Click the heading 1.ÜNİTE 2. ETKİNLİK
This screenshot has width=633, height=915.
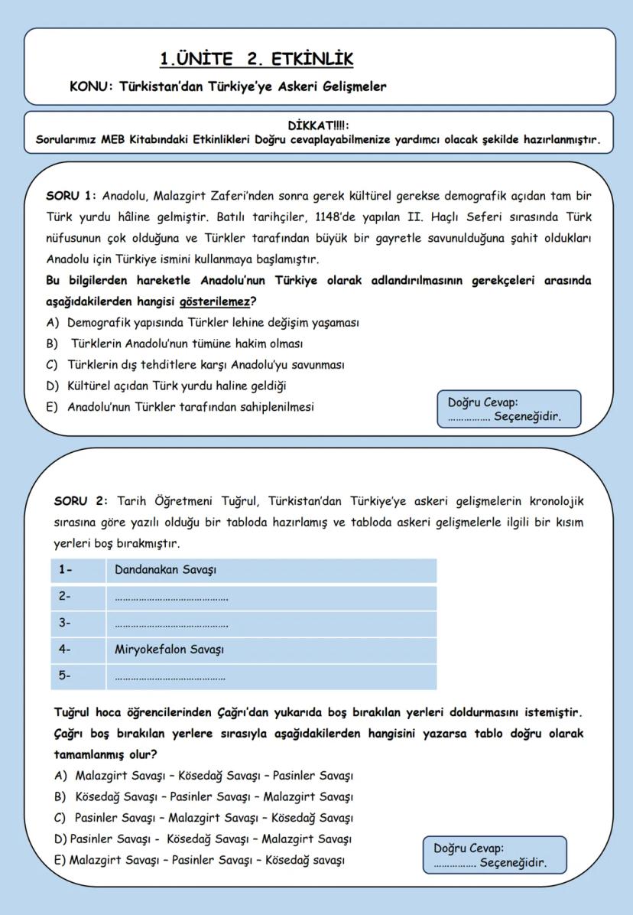click(x=256, y=59)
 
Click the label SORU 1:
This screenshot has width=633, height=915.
click(x=71, y=196)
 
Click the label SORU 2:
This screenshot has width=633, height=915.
click(x=81, y=502)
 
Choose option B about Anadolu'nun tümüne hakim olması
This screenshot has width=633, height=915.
click(x=187, y=344)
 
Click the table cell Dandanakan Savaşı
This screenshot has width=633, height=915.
click(x=165, y=571)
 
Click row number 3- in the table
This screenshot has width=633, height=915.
click(x=65, y=623)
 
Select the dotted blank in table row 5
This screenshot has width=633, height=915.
click(x=170, y=677)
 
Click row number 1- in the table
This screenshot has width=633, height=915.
click(x=65, y=571)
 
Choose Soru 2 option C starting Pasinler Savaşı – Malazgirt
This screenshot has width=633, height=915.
click(x=213, y=818)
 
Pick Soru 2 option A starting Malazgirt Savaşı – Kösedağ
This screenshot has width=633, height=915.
click(x=213, y=776)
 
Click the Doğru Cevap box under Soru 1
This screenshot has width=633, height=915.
click(x=508, y=409)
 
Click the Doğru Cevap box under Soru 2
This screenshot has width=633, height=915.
click(x=495, y=855)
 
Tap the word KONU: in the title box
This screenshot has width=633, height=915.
click(x=91, y=86)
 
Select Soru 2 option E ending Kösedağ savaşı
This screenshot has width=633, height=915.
click(x=206, y=860)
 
